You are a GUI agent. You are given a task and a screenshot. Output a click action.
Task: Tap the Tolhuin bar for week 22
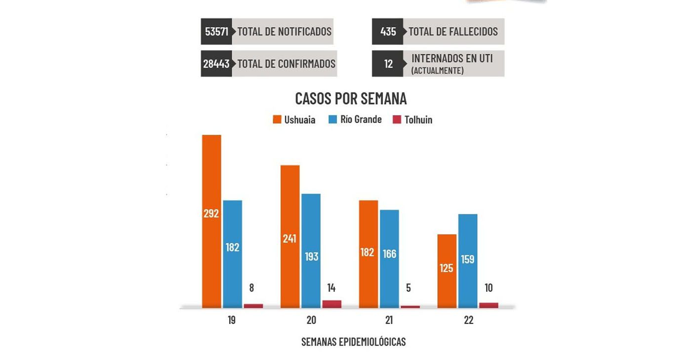point(489,305)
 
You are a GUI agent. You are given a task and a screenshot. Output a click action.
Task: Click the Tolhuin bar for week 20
point(331,304)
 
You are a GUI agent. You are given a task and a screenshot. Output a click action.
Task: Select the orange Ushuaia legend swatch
point(277,120)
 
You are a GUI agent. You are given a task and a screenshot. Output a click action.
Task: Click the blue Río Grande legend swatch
point(332,120)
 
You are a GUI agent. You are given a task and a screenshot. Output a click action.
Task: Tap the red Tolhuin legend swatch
point(397,120)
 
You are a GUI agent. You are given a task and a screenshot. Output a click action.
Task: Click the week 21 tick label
point(389,320)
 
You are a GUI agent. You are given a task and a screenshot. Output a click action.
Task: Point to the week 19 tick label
point(232,320)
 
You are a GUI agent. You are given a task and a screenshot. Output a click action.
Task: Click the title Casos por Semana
point(351,98)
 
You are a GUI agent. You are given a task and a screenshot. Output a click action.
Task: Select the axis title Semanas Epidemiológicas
point(353,342)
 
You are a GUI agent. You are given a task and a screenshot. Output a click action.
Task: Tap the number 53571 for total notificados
point(216,32)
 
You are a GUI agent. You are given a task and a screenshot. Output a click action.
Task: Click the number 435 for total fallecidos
point(388,32)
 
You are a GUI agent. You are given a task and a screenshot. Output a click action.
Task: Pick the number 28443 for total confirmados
point(216,64)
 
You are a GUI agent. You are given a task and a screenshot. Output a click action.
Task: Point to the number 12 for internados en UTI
point(388,64)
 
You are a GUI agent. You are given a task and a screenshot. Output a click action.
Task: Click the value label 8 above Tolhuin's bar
point(251,288)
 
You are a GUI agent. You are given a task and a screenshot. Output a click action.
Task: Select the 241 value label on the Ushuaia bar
point(289,239)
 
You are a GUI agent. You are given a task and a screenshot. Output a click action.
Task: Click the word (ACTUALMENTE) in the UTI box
point(437,71)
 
